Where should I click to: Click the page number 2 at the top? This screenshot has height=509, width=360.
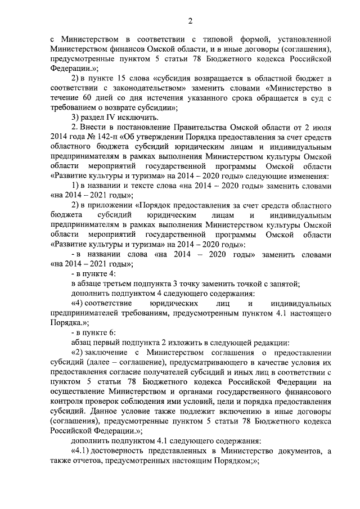(190, 21)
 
